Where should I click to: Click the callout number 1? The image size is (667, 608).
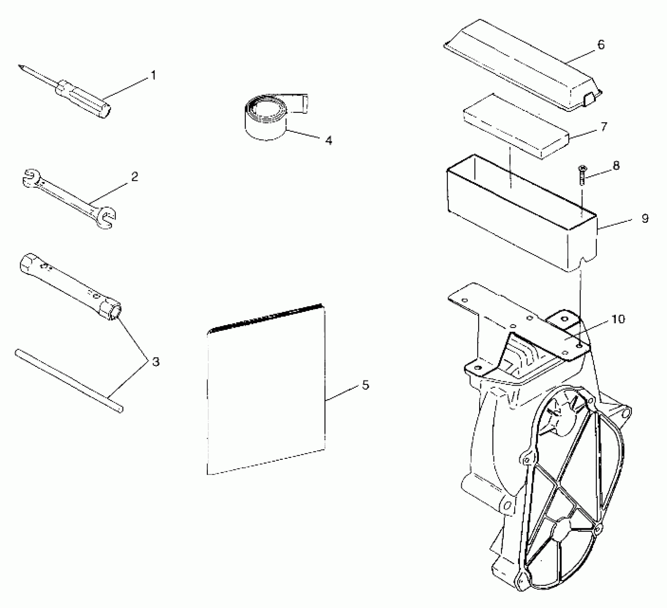click(153, 75)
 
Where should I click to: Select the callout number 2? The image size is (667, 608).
click(135, 177)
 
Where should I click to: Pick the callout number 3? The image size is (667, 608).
click(155, 362)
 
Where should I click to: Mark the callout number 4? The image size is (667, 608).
click(328, 140)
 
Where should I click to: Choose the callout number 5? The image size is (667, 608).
click(365, 385)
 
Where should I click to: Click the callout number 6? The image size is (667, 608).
click(601, 45)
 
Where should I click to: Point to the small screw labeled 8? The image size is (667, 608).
click(582, 175)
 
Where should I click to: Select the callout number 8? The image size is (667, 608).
click(616, 166)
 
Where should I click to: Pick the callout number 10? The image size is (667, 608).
click(618, 319)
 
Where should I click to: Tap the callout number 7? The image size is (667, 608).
click(604, 127)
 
